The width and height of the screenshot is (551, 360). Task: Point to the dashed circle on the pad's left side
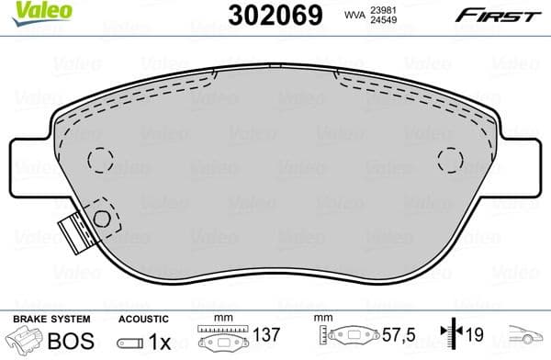click(x=99, y=160)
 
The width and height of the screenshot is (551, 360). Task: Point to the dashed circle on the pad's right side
click(x=450, y=160)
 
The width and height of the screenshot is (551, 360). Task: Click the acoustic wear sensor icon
click(x=131, y=339)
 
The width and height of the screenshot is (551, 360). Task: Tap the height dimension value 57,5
click(x=394, y=337)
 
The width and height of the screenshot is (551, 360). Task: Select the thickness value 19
click(x=476, y=337)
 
